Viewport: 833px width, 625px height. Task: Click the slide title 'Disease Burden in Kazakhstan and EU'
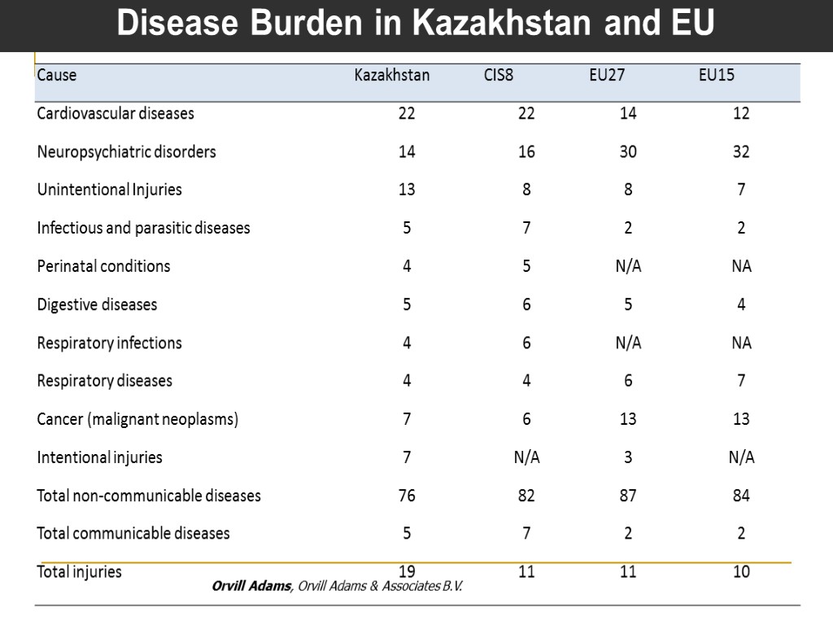(x=416, y=24)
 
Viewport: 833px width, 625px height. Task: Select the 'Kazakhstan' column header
(x=392, y=76)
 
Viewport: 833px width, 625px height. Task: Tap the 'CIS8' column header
(x=499, y=76)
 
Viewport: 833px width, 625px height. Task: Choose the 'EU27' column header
(x=607, y=76)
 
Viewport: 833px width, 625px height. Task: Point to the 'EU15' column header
(x=717, y=76)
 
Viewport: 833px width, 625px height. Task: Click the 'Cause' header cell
(x=57, y=76)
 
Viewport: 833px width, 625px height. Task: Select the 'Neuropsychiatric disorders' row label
(x=126, y=152)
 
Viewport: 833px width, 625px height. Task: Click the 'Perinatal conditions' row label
(x=103, y=266)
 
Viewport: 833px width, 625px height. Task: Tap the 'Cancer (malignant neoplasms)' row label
(x=137, y=419)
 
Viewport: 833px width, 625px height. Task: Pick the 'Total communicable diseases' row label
(x=133, y=534)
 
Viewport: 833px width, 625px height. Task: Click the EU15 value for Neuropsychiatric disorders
(x=741, y=152)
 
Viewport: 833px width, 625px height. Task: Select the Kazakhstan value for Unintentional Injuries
(x=407, y=190)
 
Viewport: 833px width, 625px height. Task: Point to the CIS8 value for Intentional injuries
(x=526, y=457)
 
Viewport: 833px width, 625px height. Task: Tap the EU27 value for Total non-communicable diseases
(x=628, y=496)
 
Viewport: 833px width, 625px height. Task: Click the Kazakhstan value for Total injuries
(x=407, y=571)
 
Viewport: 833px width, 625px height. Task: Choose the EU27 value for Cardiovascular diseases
(x=628, y=114)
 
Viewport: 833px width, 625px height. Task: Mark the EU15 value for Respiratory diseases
(x=741, y=381)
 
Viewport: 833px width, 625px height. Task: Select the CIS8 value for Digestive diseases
(x=526, y=304)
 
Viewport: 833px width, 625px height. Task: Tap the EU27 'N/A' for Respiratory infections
(x=628, y=343)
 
